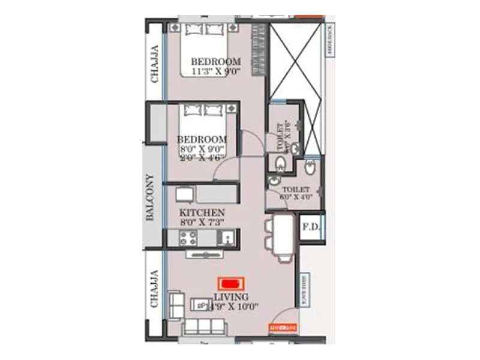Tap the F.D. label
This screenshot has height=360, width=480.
click(x=310, y=228)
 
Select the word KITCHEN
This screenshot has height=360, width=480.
click(x=202, y=213)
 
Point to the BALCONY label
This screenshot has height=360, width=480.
click(x=151, y=198)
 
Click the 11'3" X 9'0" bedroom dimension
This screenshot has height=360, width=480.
click(x=215, y=71)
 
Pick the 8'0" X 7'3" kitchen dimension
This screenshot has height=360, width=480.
click(x=202, y=223)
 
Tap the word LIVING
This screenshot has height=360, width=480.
click(x=230, y=297)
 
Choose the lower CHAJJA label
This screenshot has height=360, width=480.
click(x=155, y=288)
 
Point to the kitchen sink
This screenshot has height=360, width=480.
click(x=227, y=238)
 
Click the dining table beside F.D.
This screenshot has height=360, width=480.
click(x=285, y=236)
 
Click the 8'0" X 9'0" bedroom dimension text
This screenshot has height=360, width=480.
click(x=202, y=149)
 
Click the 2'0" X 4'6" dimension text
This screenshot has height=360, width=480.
click(x=202, y=158)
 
